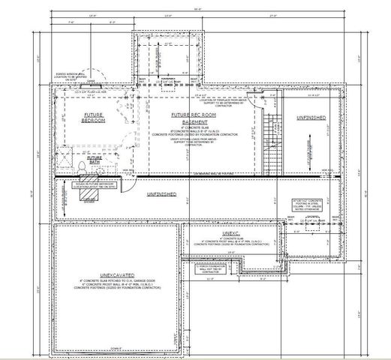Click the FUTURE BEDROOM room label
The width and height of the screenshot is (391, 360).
[x=93, y=118]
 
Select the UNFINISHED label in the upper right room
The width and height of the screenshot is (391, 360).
[x=311, y=118]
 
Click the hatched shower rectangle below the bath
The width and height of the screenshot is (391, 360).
[x=89, y=196]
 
